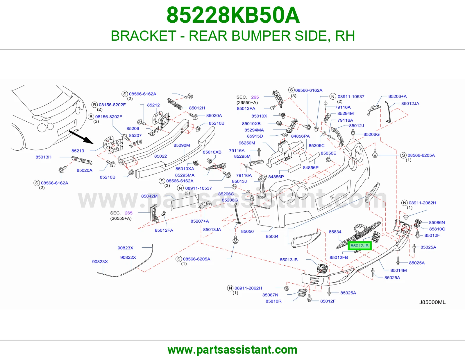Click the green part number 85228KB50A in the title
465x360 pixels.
(x=233, y=15)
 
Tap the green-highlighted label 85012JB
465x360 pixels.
(x=360, y=246)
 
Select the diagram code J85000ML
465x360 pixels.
(x=432, y=302)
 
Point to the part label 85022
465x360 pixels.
(x=160, y=156)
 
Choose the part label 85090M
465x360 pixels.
(x=182, y=145)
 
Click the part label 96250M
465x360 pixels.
(x=247, y=143)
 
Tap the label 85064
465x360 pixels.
(x=272, y=236)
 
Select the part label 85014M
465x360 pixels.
(x=398, y=270)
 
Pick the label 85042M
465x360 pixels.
(x=149, y=196)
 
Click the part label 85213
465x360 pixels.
(x=78, y=151)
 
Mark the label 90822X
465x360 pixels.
(x=128, y=258)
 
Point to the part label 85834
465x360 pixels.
(x=335, y=232)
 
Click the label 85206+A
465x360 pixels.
(x=397, y=96)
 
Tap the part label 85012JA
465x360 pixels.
(x=410, y=104)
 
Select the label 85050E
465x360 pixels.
(x=328, y=153)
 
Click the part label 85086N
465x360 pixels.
(x=437, y=223)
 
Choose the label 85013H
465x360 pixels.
(x=43, y=157)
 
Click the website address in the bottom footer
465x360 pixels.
(x=233, y=350)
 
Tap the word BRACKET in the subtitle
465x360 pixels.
(x=143, y=36)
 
